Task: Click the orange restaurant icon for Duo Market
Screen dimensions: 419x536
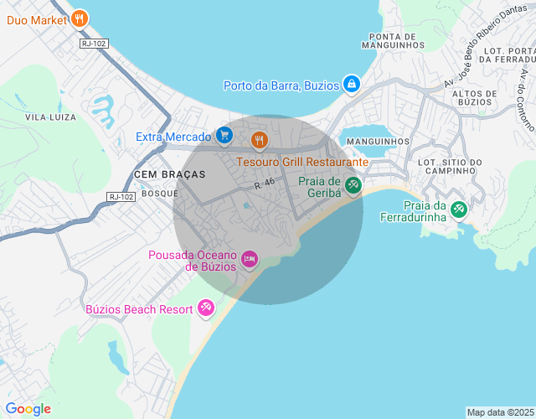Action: pyautogui.click(x=79, y=18)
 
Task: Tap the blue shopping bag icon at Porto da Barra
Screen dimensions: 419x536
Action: pyautogui.click(x=352, y=85)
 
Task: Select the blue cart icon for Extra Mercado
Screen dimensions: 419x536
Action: pyautogui.click(x=224, y=136)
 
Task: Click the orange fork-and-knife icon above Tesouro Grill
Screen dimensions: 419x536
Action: pyautogui.click(x=259, y=140)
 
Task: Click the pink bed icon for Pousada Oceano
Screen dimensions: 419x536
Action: pyautogui.click(x=249, y=260)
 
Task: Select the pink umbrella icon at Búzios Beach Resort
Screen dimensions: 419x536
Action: pyautogui.click(x=206, y=309)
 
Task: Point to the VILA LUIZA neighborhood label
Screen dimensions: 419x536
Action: pyautogui.click(x=50, y=116)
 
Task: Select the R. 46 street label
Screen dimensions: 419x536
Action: pyautogui.click(x=265, y=182)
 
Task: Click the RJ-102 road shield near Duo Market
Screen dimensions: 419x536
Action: pyautogui.click(x=94, y=44)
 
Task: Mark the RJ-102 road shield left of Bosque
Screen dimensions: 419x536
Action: pyautogui.click(x=121, y=196)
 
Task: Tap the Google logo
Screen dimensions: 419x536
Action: pyautogui.click(x=28, y=409)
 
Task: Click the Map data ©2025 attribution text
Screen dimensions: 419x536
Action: pyautogui.click(x=499, y=412)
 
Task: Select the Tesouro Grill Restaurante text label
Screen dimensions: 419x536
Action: pyautogui.click(x=302, y=161)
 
